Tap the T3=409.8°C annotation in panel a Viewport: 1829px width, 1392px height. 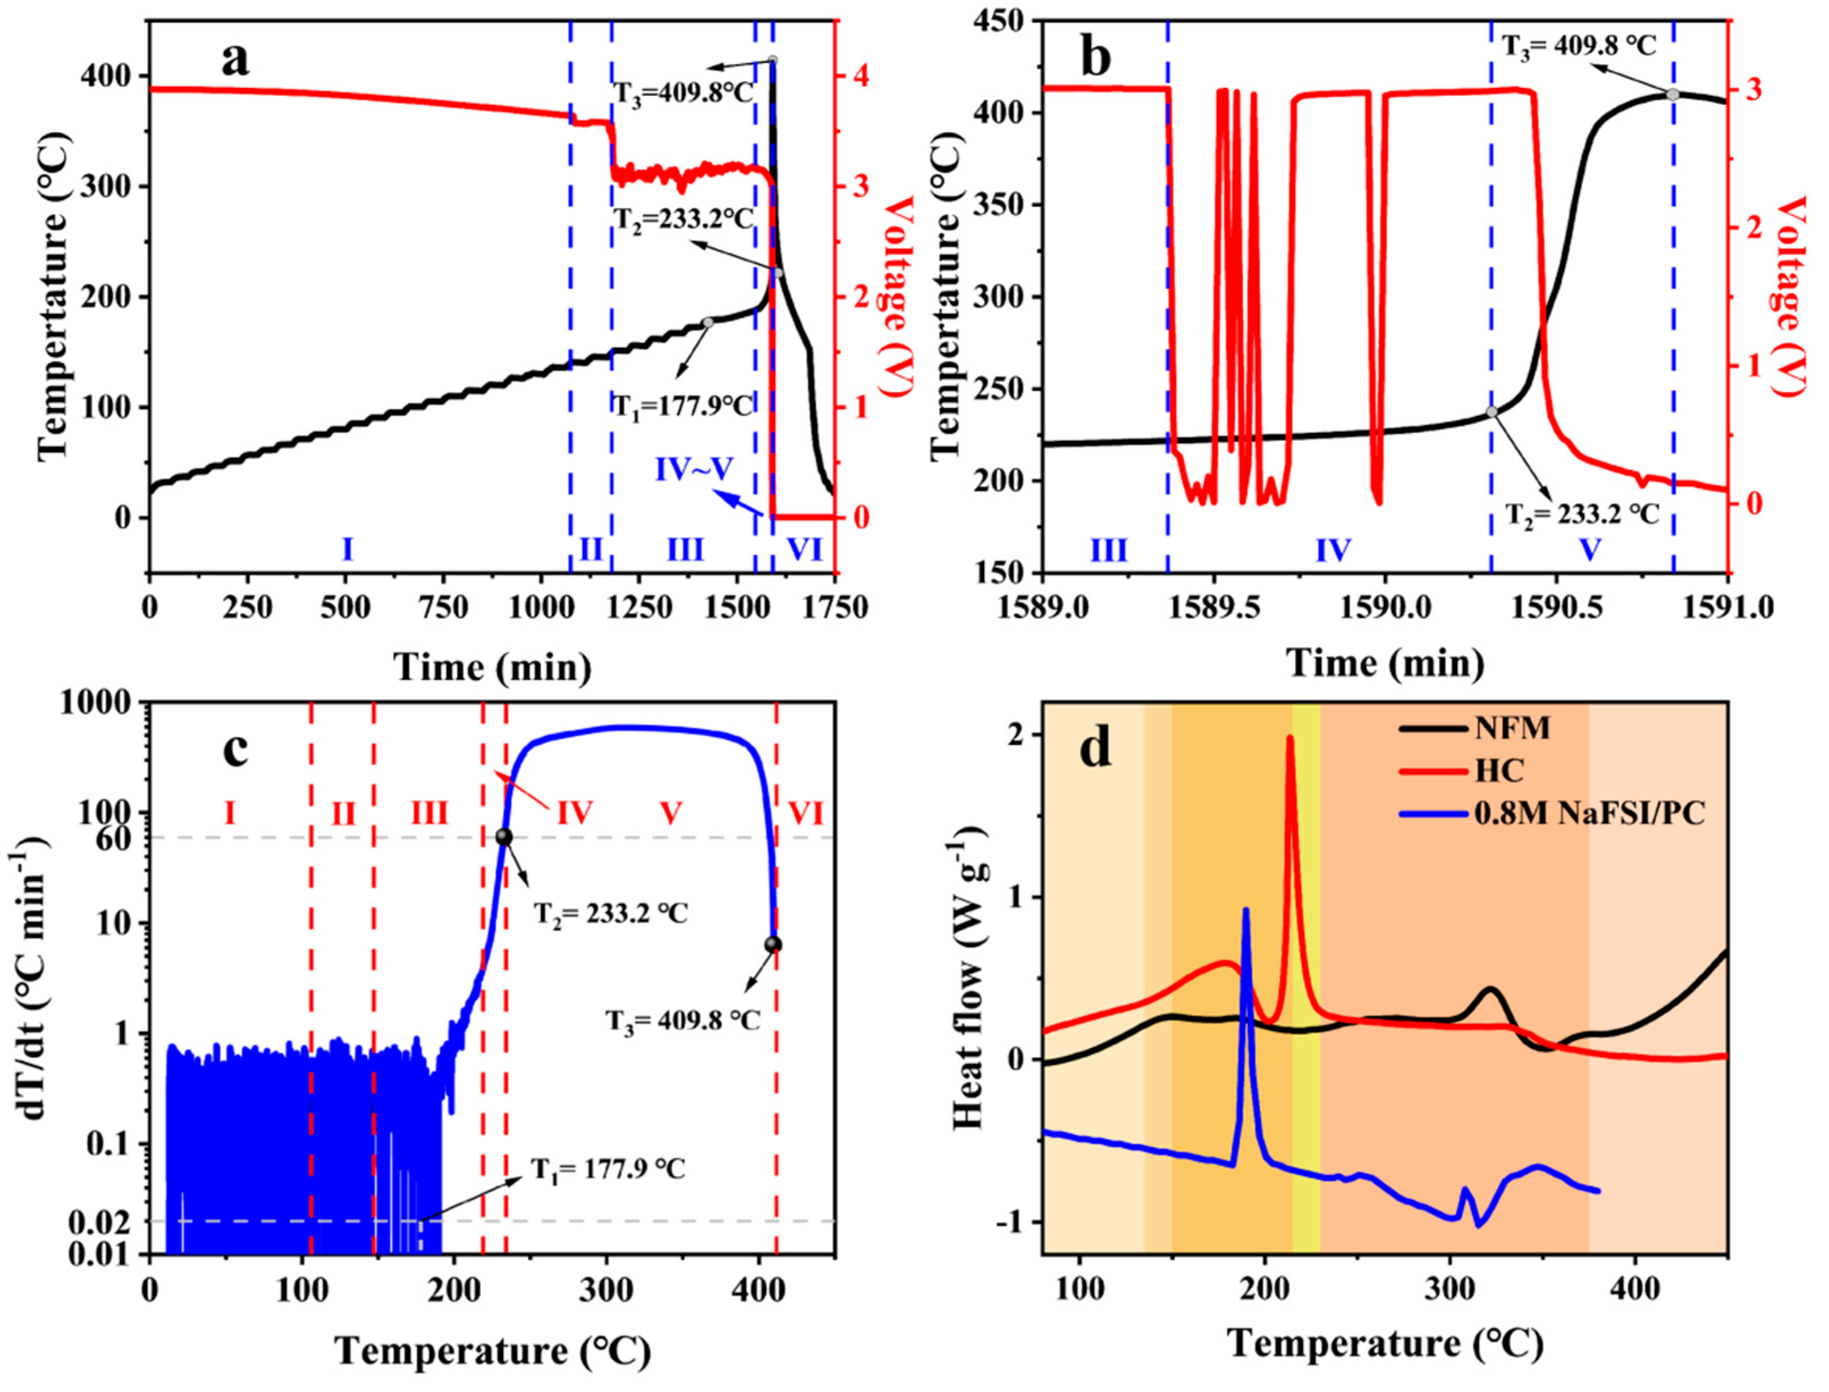[684, 91]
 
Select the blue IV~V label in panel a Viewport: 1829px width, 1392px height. [694, 470]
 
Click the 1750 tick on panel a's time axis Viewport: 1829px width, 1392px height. [833, 608]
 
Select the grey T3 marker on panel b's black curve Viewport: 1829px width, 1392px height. [1673, 95]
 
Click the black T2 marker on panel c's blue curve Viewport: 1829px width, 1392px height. [504, 837]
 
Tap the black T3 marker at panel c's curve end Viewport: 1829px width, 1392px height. [774, 944]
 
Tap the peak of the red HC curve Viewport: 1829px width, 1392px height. [1290, 737]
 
